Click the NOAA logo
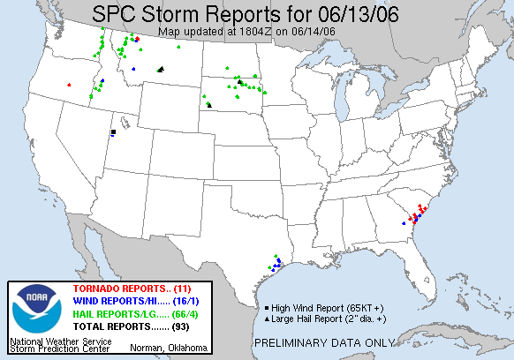[34, 310]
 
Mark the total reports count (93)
[179, 326]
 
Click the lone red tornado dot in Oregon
[69, 85]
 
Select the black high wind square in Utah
[113, 132]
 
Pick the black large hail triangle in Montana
[160, 69]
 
